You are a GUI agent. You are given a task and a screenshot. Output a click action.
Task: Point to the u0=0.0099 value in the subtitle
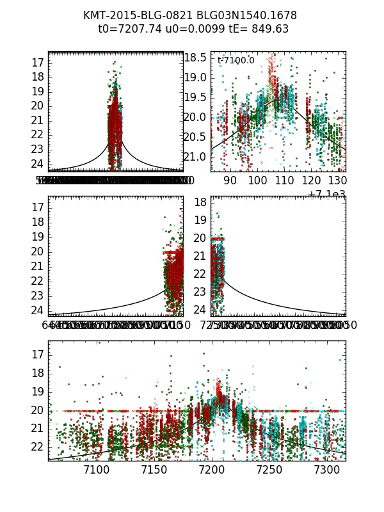click(x=193, y=29)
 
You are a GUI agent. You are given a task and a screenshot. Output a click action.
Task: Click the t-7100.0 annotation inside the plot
click(x=236, y=60)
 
